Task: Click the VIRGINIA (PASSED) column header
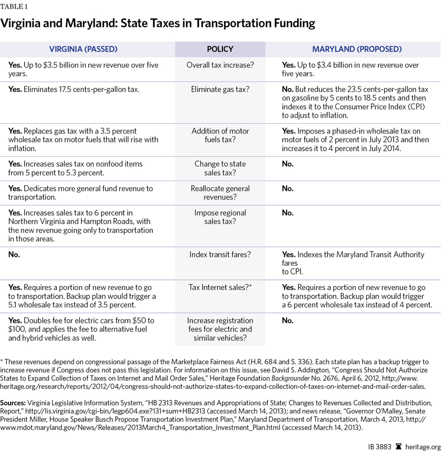(83, 49)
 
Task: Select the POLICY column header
(220, 49)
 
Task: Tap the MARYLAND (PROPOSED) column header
(357, 49)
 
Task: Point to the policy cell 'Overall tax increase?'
(220, 65)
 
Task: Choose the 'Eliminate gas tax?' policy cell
(220, 89)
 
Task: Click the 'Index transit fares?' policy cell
(220, 254)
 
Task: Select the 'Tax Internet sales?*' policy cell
(220, 287)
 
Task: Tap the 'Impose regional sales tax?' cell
(220, 217)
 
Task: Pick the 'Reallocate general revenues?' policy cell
(220, 193)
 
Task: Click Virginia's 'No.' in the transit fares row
(14, 254)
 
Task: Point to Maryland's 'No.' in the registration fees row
(288, 320)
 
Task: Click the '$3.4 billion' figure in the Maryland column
(339, 65)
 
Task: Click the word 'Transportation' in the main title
(205, 24)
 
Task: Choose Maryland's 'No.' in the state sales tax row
(288, 164)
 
